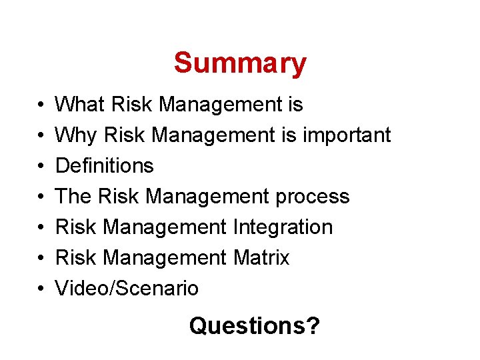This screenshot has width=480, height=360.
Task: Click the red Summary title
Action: point(240,63)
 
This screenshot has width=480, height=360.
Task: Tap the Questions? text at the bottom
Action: point(254,326)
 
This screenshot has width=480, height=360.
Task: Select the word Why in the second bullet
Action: point(75,135)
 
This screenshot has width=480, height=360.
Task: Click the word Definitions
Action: point(104,166)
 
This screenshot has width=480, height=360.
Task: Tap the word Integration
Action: point(283,227)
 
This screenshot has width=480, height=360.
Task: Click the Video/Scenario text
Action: point(127,289)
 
